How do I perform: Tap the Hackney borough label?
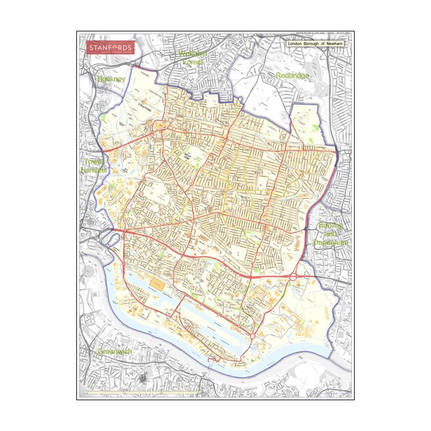111,79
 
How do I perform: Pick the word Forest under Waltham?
193,62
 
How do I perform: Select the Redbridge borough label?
292,76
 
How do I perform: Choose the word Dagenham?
331,243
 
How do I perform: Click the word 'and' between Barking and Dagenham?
332,235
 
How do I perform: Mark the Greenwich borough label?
115,352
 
